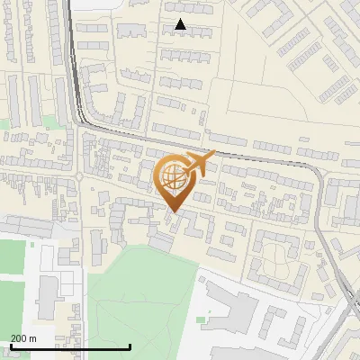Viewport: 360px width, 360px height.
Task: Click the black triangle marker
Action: click(x=181, y=25)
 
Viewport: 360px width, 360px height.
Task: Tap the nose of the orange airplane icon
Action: click(x=214, y=155)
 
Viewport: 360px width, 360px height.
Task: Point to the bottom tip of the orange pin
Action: click(x=174, y=212)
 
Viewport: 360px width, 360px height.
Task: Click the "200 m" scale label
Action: click(x=23, y=337)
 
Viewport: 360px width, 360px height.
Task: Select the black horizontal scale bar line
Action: click(x=70, y=346)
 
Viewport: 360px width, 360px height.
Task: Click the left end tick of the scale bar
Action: click(x=10, y=346)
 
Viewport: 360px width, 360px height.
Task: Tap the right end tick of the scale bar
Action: click(x=130, y=346)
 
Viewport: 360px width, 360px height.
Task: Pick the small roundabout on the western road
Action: click(x=78, y=177)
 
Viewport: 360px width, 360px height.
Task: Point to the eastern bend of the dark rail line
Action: click(x=317, y=169)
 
